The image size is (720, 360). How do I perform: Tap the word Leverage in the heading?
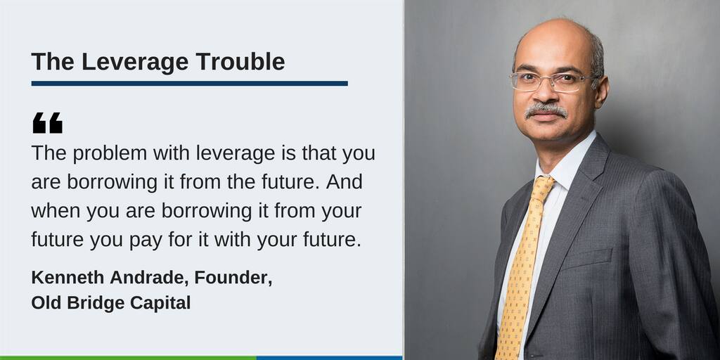(x=135, y=62)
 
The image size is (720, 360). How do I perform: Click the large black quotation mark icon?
(x=47, y=123)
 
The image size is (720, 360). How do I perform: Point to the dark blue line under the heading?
(x=189, y=84)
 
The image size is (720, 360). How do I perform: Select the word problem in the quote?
(x=110, y=153)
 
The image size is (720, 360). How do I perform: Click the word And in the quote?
(x=345, y=182)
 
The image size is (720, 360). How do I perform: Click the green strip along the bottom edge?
(x=128, y=358)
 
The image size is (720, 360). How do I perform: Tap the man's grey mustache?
(x=546, y=110)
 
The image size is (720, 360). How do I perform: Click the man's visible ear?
(x=600, y=92)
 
